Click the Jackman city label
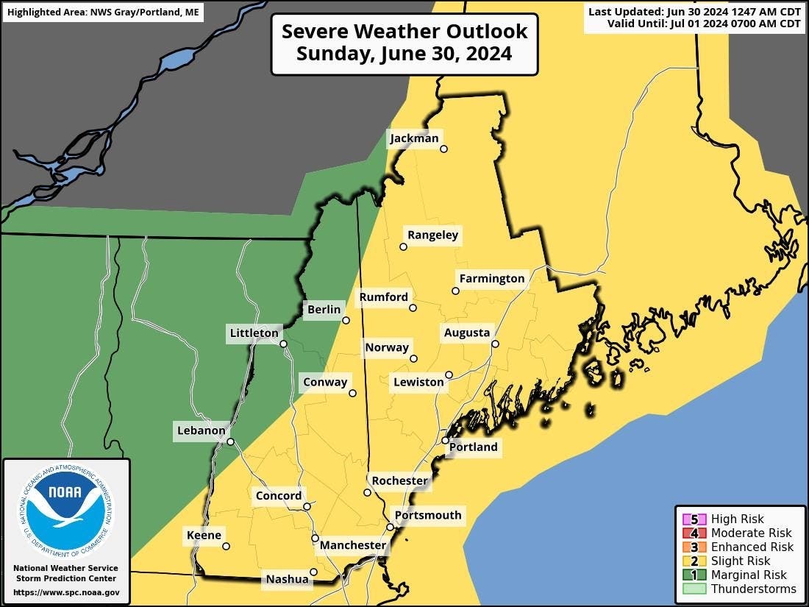point(414,138)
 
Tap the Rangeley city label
point(432,235)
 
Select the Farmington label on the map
point(491,279)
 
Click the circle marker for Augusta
point(495,344)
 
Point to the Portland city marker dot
point(445,440)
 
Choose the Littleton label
point(254,333)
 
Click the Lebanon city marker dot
point(230,441)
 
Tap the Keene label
point(204,535)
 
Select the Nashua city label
point(287,579)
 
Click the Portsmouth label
point(428,515)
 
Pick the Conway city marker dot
point(352,393)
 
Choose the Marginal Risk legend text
point(749,575)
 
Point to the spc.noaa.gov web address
point(66,592)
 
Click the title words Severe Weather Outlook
point(404,32)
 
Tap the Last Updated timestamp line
point(694,12)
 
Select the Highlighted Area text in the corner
point(103,13)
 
